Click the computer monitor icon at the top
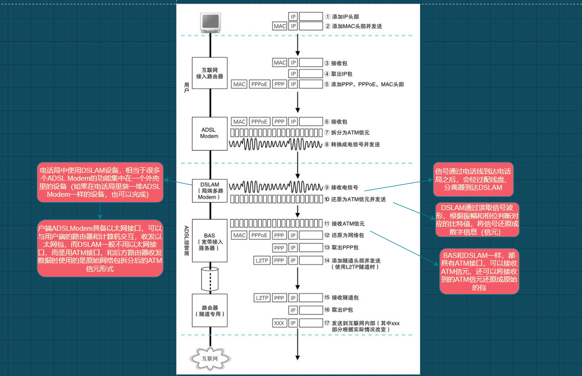click(210, 23)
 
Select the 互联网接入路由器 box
click(209, 73)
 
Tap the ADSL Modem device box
click(209, 133)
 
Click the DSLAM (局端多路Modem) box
click(209, 190)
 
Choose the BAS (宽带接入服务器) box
click(209, 241)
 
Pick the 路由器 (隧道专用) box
click(209, 311)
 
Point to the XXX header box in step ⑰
click(279, 323)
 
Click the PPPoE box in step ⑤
click(259, 85)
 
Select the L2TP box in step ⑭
click(261, 261)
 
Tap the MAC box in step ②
click(280, 26)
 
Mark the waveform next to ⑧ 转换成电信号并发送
click(276, 144)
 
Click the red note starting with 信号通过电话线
click(473, 179)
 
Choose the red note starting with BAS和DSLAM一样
click(479, 272)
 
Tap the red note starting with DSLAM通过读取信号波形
click(477, 220)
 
